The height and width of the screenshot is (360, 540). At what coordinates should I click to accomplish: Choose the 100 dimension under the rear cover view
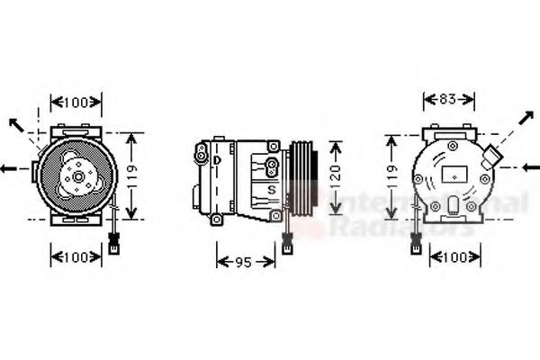point(454,257)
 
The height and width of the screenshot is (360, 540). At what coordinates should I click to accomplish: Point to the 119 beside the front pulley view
point(133,175)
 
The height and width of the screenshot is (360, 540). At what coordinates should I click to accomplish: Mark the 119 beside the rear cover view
point(391,178)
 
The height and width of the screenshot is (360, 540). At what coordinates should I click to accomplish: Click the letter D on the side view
point(217,160)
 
